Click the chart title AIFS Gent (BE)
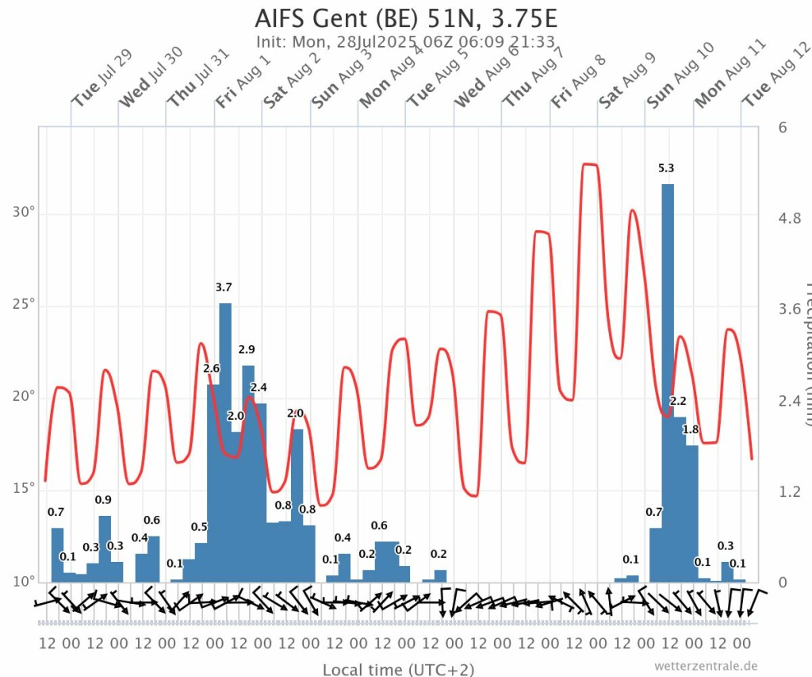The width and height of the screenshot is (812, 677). (x=412, y=17)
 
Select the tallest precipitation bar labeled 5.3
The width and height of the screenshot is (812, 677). (x=668, y=381)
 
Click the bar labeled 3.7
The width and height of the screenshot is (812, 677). (x=225, y=440)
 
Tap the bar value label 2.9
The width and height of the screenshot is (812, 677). (x=247, y=349)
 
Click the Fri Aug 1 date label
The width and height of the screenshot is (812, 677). (x=243, y=80)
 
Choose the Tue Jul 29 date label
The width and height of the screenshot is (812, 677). (x=101, y=79)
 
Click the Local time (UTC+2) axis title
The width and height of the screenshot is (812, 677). (x=398, y=669)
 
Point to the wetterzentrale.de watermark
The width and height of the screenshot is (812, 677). (x=706, y=665)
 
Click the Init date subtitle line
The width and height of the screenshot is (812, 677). (x=405, y=42)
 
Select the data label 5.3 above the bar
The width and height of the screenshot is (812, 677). (x=666, y=168)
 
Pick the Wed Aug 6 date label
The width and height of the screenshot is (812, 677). (x=486, y=79)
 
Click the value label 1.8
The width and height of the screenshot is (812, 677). (x=691, y=429)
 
